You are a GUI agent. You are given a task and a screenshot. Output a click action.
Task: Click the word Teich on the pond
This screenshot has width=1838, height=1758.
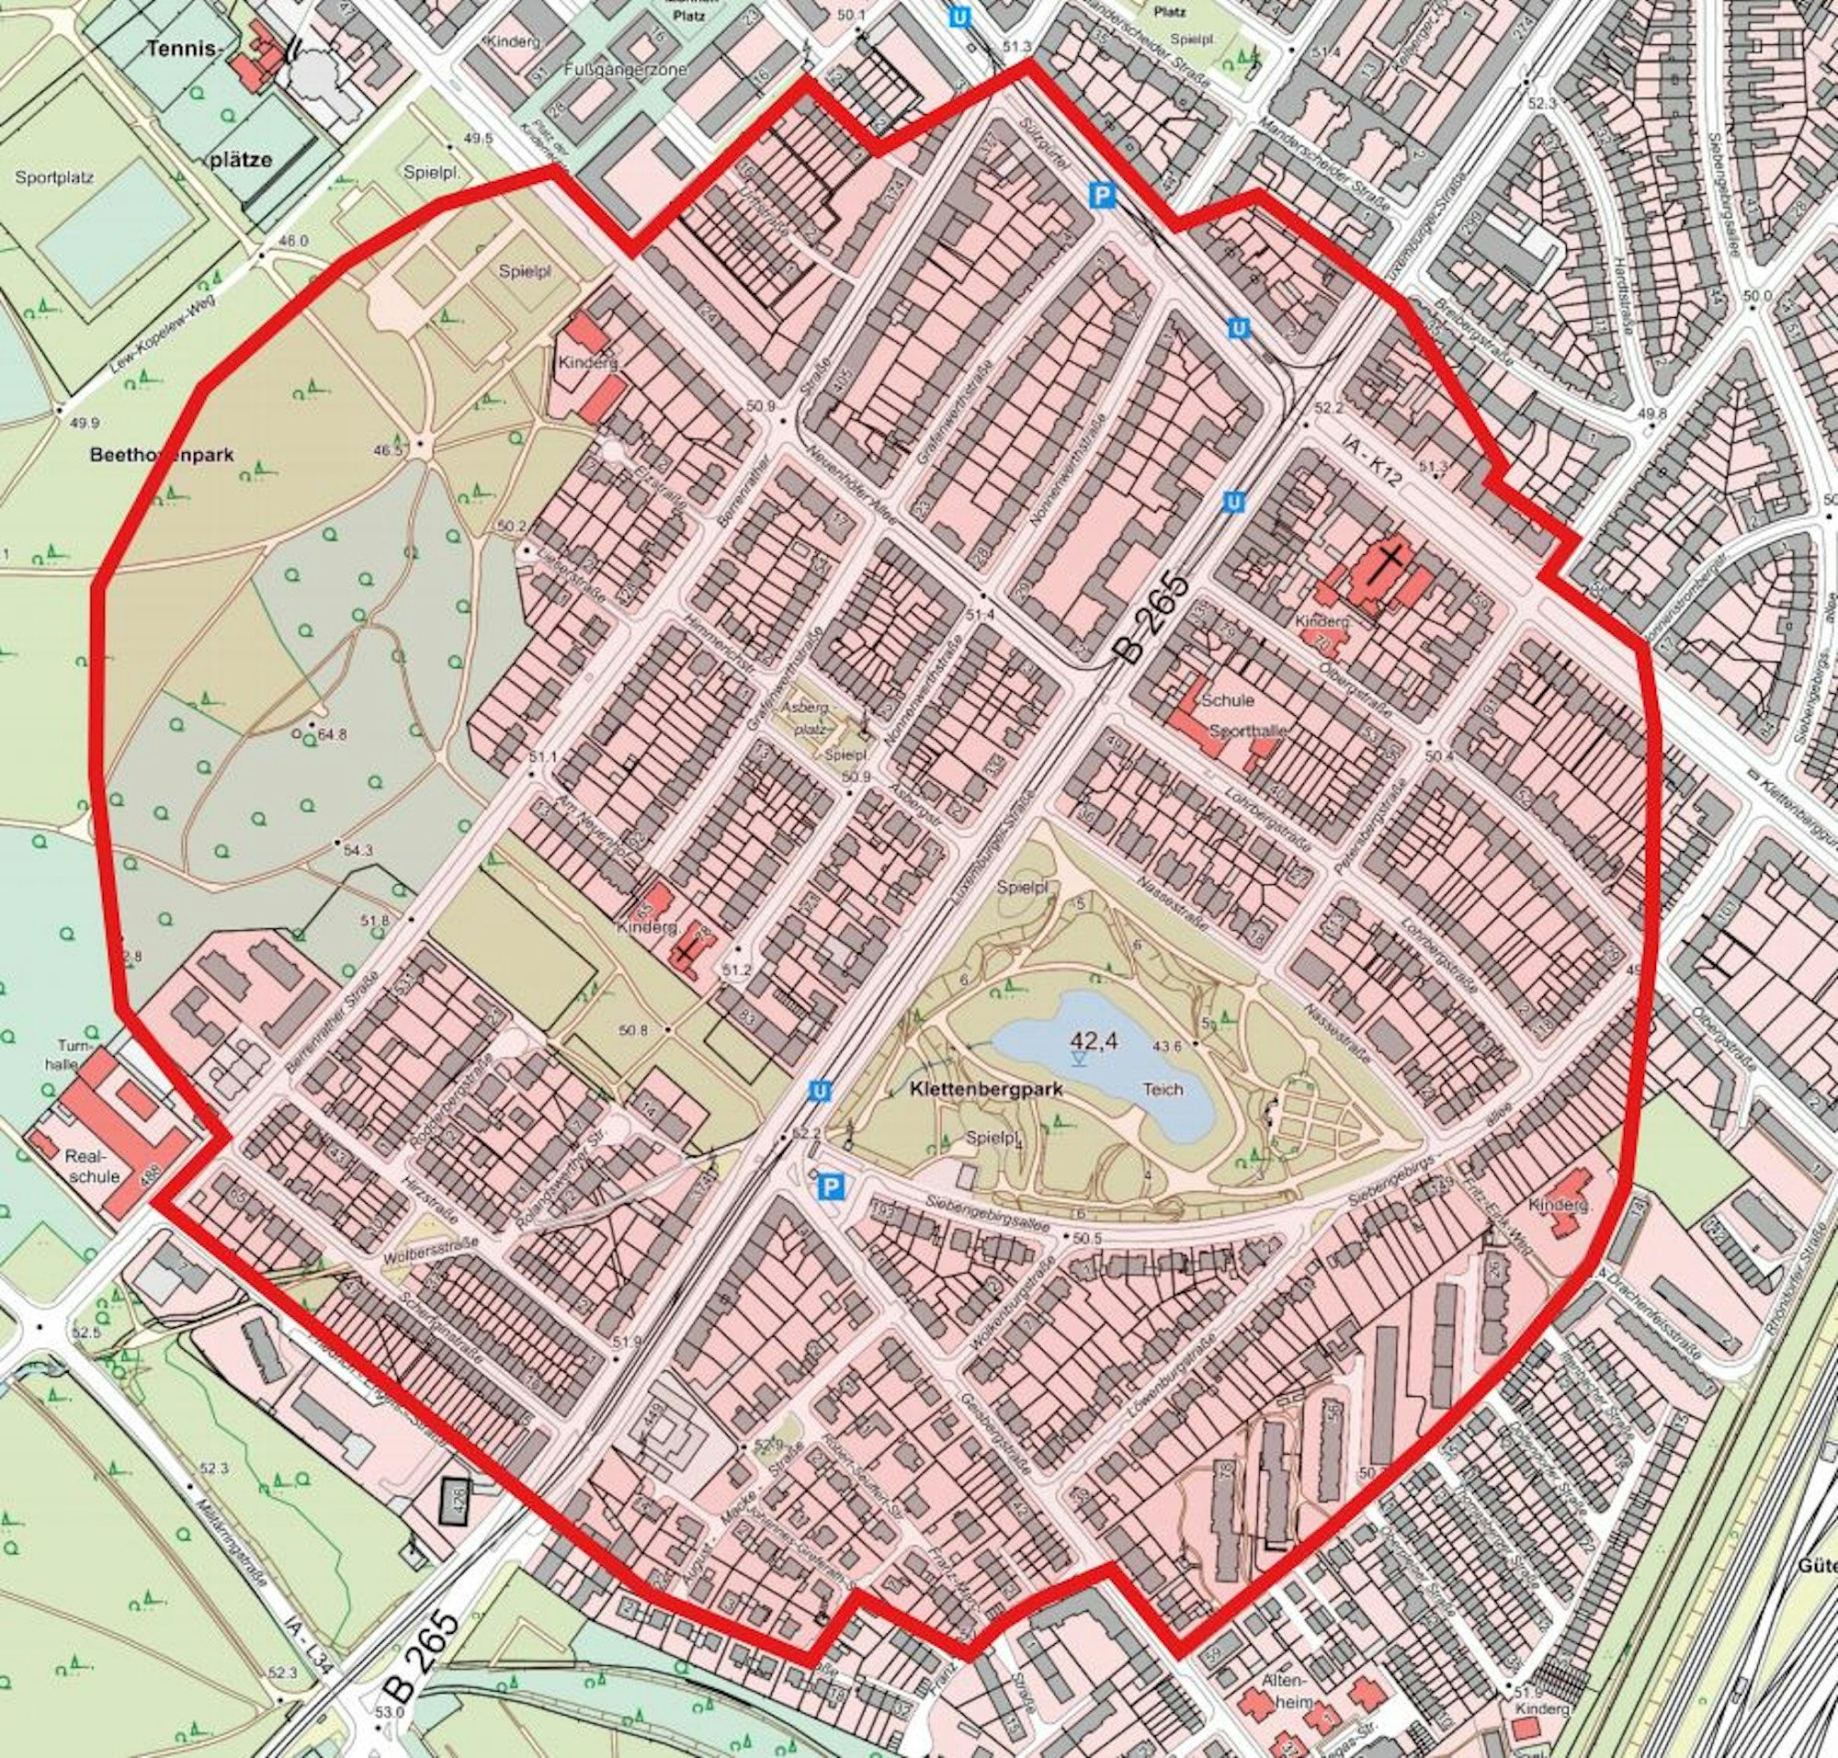point(1163,1090)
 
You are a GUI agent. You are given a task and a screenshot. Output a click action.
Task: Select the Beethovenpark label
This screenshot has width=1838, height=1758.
point(161,456)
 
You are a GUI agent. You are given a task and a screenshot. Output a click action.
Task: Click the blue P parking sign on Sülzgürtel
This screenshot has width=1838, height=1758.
point(1104,196)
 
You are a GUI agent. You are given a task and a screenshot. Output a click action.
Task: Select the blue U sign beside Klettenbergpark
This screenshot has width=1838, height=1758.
point(819,1092)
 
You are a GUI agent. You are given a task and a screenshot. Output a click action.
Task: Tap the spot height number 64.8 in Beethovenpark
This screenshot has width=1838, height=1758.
point(332,734)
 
